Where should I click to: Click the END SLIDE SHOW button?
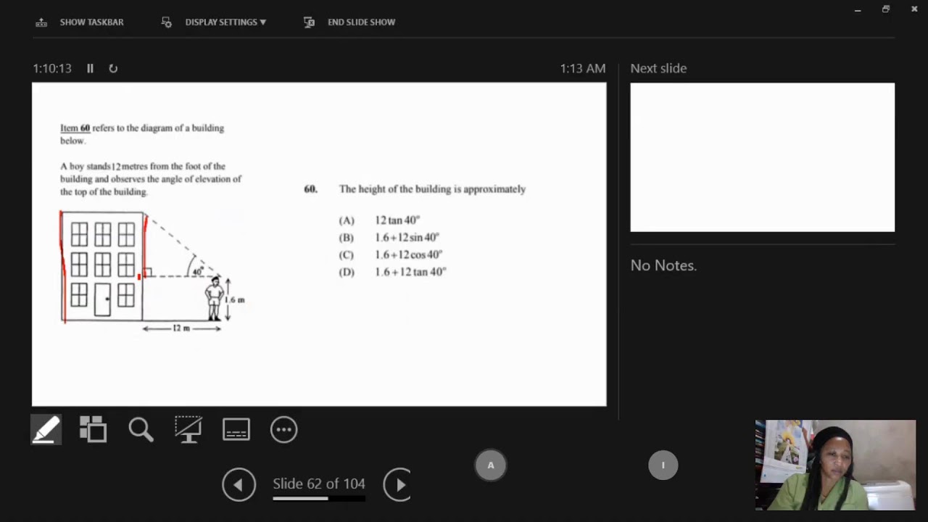click(349, 22)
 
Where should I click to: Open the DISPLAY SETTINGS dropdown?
click(214, 22)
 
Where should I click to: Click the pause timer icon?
click(90, 68)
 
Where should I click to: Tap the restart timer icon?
click(113, 68)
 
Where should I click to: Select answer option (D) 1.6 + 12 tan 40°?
click(392, 272)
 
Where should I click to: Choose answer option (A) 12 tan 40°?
click(379, 220)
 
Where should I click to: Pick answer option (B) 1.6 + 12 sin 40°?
click(389, 237)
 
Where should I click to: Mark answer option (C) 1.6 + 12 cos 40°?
click(391, 254)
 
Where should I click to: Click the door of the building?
click(102, 299)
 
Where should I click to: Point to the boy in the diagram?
click(214, 299)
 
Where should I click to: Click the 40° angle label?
click(198, 271)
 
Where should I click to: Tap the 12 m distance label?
click(181, 328)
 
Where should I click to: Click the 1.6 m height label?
click(235, 299)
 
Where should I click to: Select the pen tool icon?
click(46, 430)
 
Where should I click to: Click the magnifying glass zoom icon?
click(141, 430)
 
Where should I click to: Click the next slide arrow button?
click(397, 484)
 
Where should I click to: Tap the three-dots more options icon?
click(283, 430)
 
